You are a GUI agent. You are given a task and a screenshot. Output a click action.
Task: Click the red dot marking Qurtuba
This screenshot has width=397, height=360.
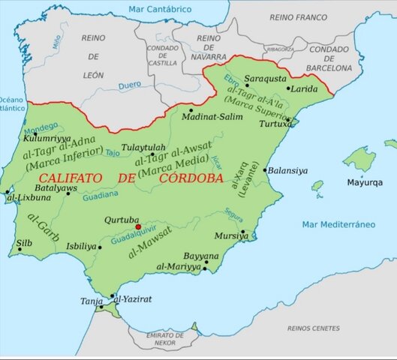pos(137,226)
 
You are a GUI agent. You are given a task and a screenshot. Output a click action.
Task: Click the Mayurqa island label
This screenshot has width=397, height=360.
pos(363,182)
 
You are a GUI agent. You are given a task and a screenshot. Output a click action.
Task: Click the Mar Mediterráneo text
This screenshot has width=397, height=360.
pos(338,224)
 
